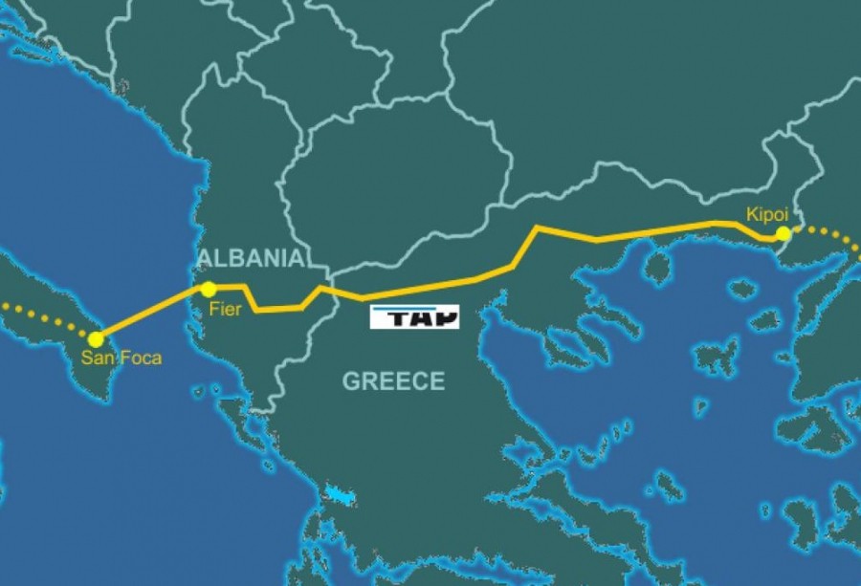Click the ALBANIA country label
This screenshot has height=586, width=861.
251,258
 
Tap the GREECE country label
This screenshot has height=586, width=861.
394,381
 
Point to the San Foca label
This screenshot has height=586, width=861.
121,358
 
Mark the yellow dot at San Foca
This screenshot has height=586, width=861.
96,338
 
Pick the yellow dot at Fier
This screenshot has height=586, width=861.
208,289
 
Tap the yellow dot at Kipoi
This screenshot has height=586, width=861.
784,233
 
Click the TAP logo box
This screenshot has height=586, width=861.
414,317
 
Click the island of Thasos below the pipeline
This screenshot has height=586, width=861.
658,270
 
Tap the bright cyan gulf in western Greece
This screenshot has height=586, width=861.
339,497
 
